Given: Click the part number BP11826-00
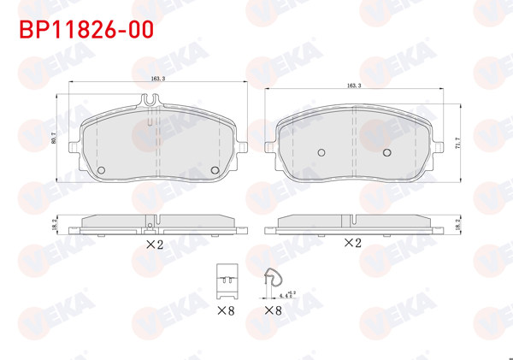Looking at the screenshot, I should [86, 30].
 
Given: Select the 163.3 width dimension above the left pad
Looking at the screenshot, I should [157, 78].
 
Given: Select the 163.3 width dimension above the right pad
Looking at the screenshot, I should [354, 86].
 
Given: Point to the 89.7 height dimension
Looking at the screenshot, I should [54, 140].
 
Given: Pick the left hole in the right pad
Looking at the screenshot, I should [321, 152].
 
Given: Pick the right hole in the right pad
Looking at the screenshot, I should [386, 152].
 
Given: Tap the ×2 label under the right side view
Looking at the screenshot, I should [352, 243].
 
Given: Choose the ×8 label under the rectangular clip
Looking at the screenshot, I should [226, 309].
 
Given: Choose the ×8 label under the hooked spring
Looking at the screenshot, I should [273, 309].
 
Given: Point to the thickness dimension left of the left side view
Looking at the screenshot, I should [55, 224].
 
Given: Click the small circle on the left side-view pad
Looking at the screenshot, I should [150, 227].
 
